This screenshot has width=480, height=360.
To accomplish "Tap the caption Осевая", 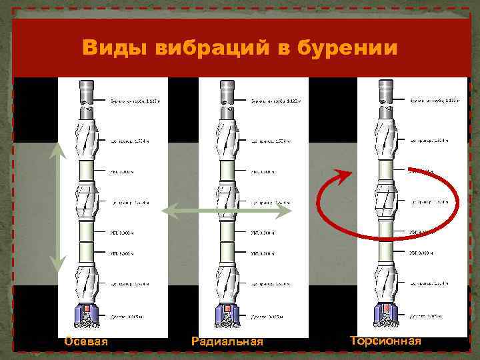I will coord(87,342).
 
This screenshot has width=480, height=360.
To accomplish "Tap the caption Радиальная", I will coord(227,342).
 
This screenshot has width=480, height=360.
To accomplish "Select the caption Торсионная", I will coord(385,341).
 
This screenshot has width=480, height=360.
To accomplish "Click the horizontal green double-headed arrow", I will coord(227,211).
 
